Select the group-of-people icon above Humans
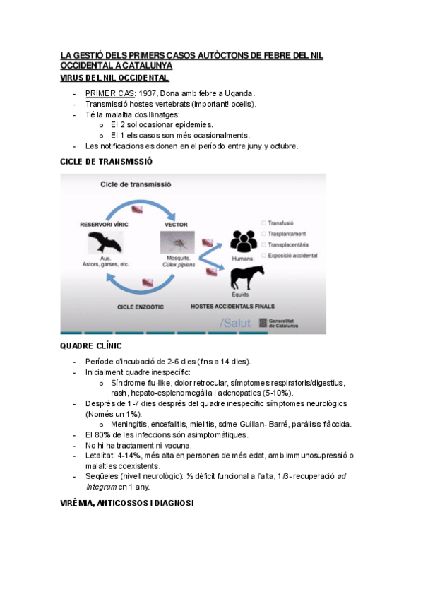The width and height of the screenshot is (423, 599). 244,242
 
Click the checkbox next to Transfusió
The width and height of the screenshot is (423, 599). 263,222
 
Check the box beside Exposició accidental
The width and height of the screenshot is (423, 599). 263,254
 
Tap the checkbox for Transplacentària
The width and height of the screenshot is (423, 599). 263,244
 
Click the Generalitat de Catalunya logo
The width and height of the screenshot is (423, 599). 279,323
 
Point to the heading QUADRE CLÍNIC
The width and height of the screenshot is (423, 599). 90,346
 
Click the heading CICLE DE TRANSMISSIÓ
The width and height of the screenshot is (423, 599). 106,162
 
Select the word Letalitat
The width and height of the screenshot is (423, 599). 100,456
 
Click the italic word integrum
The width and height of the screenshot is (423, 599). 100,487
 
